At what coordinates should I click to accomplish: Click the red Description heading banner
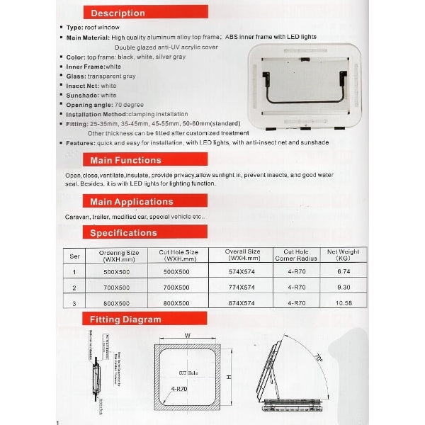point(118,13)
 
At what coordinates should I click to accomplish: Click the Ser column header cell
point(75,256)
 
